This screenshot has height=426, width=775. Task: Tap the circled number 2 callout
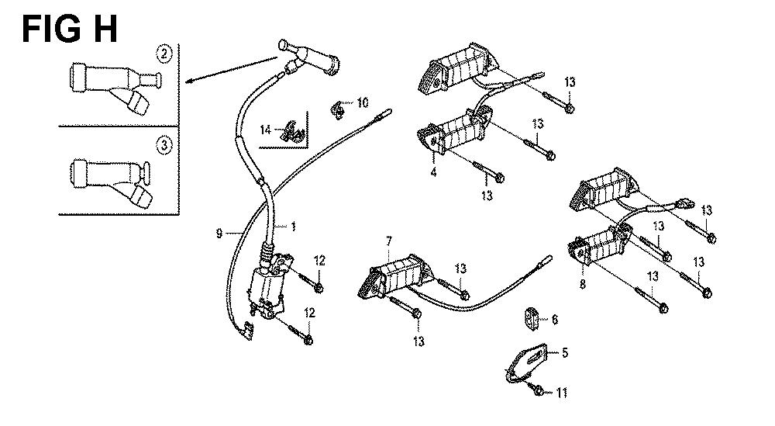point(164,54)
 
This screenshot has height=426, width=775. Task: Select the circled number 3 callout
point(164,144)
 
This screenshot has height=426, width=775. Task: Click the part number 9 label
point(219,232)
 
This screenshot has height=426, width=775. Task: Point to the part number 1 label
point(294,226)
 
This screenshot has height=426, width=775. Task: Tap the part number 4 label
point(433,172)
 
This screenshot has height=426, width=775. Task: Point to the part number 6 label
point(554,319)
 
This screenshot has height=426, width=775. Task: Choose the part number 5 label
point(564,353)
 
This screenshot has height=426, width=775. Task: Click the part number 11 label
point(562,394)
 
